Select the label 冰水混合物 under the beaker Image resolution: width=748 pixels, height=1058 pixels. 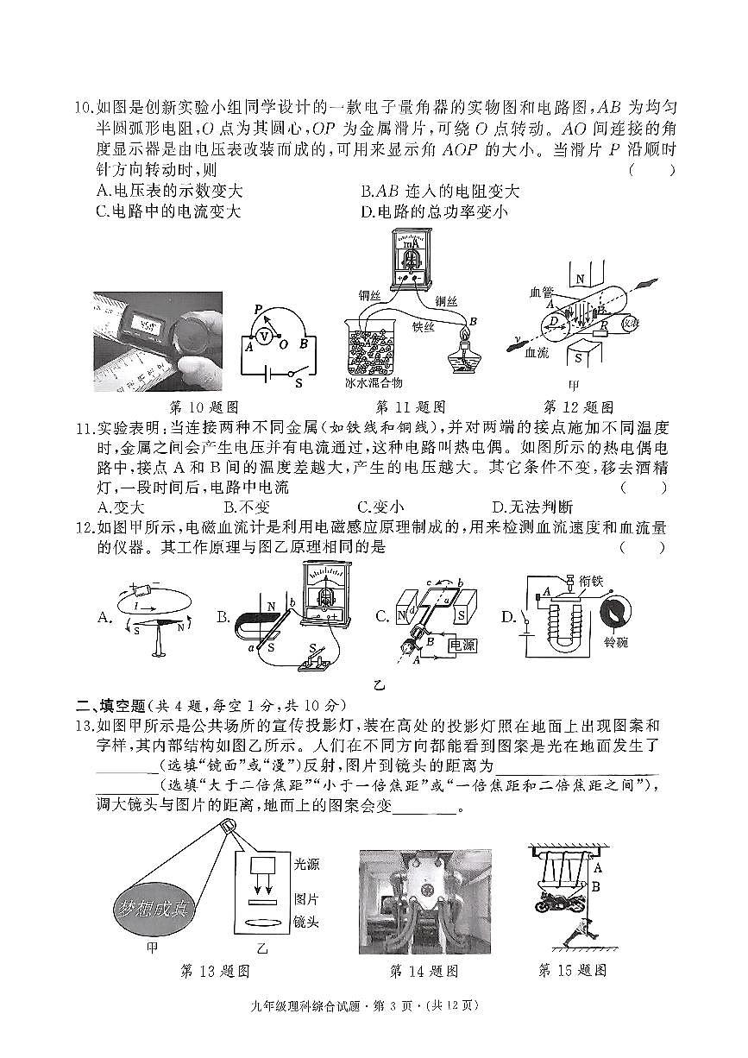coord(374,382)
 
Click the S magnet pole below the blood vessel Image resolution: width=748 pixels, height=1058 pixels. coord(580,356)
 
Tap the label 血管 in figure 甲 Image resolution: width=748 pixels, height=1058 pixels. coord(541,293)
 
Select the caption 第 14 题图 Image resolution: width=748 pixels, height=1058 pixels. coord(424,971)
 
